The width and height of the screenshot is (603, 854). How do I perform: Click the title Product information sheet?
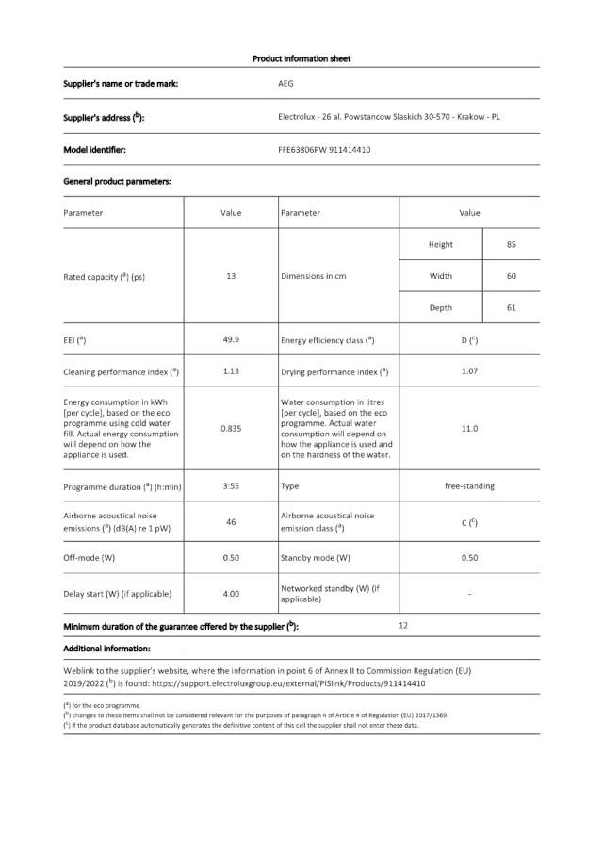click(301, 58)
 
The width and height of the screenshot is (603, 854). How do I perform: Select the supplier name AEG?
click(285, 84)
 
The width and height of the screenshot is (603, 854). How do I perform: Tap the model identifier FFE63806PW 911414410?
click(323, 149)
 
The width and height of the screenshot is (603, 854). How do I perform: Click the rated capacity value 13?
click(231, 276)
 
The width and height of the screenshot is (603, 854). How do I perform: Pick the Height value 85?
click(511, 244)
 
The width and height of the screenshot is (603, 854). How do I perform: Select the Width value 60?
click(511, 276)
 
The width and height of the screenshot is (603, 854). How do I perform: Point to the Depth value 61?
click(511, 307)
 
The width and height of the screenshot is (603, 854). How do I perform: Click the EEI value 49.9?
click(231, 339)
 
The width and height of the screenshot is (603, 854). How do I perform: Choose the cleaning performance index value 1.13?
click(231, 370)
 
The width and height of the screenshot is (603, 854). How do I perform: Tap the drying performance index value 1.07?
click(469, 370)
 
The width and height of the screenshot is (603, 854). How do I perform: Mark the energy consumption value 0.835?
click(231, 428)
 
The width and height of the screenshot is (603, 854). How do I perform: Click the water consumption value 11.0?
click(469, 428)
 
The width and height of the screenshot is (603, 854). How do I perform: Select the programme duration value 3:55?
click(231, 486)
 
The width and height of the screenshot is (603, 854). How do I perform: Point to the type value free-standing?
click(469, 486)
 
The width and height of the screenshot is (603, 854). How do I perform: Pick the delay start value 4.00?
click(231, 594)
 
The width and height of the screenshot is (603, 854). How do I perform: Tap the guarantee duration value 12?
click(403, 625)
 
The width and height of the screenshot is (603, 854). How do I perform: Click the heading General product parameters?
click(117, 180)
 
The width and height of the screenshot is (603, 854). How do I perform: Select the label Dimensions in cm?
click(313, 276)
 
